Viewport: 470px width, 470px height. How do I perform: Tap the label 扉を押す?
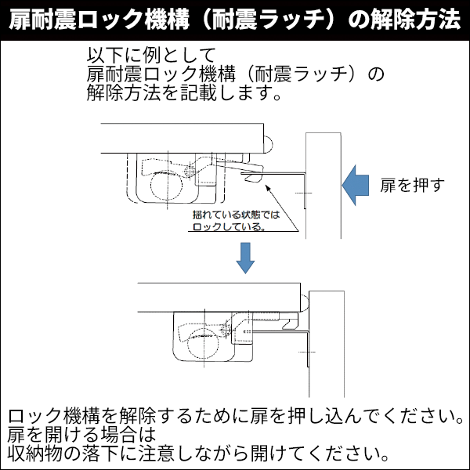click(x=412, y=186)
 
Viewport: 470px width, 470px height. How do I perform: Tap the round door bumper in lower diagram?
click(x=305, y=300)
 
